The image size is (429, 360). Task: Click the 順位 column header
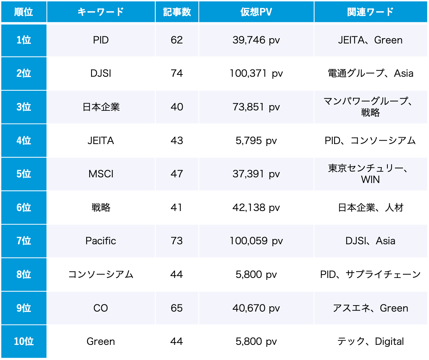[24, 12]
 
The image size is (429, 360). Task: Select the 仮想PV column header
[256, 12]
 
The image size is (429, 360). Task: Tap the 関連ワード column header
[370, 12]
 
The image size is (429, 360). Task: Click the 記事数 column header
[177, 12]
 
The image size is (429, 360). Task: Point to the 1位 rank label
[24, 40]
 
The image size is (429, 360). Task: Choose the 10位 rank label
[24, 341]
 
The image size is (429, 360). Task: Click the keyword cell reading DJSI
[101, 73]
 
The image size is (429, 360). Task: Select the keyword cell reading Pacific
[101, 241]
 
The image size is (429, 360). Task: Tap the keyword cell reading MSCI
[101, 174]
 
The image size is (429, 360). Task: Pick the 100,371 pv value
[256, 73]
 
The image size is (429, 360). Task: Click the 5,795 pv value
[256, 141]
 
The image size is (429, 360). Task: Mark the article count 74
[177, 73]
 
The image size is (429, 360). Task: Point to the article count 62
[177, 40]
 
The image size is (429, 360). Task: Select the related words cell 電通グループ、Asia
[370, 73]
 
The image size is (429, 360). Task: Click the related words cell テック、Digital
[370, 341]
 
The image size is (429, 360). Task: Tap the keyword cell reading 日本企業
[101, 107]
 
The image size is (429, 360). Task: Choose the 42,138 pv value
[256, 208]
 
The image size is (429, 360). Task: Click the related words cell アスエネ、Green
[370, 308]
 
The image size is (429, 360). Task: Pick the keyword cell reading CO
[101, 308]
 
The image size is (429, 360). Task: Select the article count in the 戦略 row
[177, 208]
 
